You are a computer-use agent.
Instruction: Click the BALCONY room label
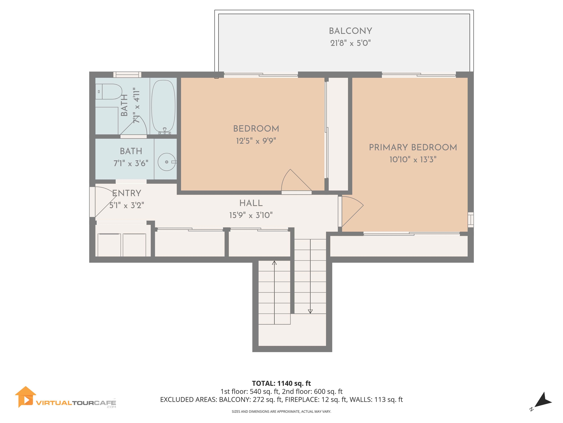pyautogui.click(x=350, y=31)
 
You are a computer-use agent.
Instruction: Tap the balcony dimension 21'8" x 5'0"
pyautogui.click(x=350, y=43)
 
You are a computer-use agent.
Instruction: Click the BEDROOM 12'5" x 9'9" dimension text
pyautogui.click(x=256, y=141)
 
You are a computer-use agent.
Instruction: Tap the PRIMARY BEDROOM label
pyautogui.click(x=413, y=147)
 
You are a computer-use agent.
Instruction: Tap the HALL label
pyautogui.click(x=251, y=203)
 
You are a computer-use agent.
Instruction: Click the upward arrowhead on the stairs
pyautogui.click(x=274, y=263)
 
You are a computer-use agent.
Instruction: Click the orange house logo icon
pyautogui.click(x=25, y=397)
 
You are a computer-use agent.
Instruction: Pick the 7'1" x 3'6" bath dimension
pyautogui.click(x=131, y=163)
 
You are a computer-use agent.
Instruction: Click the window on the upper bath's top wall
pyautogui.click(x=127, y=75)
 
